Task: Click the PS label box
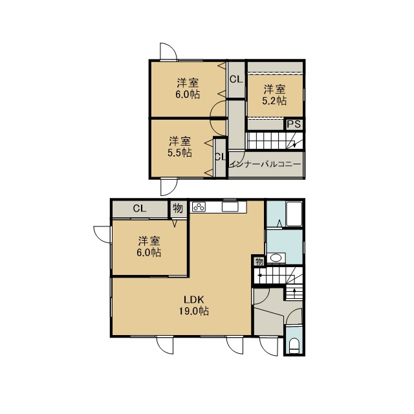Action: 294,124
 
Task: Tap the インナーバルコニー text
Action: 265,164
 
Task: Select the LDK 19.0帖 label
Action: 194,305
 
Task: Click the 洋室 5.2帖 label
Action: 274,95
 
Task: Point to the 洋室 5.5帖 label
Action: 180,147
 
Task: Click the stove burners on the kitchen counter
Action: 199,207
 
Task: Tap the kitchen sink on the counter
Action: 230,207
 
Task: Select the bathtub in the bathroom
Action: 294,214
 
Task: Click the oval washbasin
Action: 276,258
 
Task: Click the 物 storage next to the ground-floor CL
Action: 178,208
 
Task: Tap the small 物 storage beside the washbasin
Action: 259,261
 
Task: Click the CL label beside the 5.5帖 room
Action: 221,157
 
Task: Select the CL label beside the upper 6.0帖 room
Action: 236,79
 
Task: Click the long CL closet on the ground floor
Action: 140,209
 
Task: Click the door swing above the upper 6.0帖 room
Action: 168,51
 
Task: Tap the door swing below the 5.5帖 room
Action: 169,187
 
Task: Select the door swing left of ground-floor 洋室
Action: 102,234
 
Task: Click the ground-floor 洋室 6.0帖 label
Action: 149,247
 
